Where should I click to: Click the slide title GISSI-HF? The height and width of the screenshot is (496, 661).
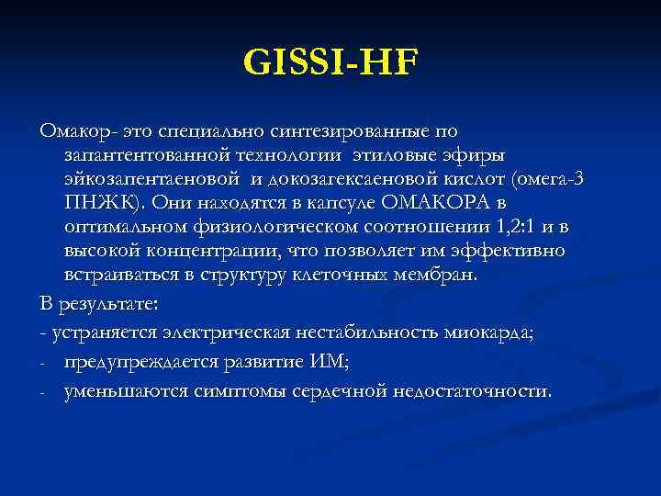click(x=330, y=63)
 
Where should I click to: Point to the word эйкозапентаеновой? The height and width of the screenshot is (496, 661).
click(x=152, y=178)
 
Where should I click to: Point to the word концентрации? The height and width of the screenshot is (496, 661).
click(x=210, y=250)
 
